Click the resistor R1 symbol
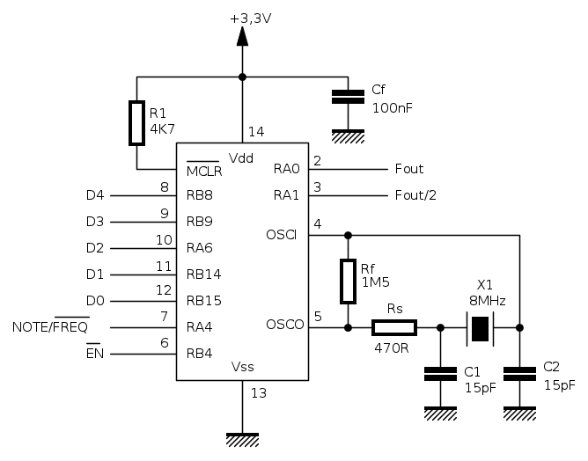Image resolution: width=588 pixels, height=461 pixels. pos(136,122)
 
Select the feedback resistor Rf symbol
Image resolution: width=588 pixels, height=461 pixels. pos(349,281)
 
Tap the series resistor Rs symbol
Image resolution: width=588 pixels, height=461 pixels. pos(393,327)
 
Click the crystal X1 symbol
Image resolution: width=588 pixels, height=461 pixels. pos(480,327)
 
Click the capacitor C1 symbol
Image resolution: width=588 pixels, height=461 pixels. pos(440,373)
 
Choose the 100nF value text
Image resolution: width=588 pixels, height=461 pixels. pos(392,107)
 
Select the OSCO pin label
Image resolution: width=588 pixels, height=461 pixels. pos(284,325)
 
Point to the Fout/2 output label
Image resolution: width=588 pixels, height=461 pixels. pos(416,195)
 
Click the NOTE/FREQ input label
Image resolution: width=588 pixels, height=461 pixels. pos(49,327)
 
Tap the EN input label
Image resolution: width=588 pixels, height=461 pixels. pos(95,354)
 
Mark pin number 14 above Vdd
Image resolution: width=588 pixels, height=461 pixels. pos(255,132)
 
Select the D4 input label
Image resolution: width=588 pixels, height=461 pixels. pos(95,195)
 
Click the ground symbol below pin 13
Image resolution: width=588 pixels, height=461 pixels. pos(242,436)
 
